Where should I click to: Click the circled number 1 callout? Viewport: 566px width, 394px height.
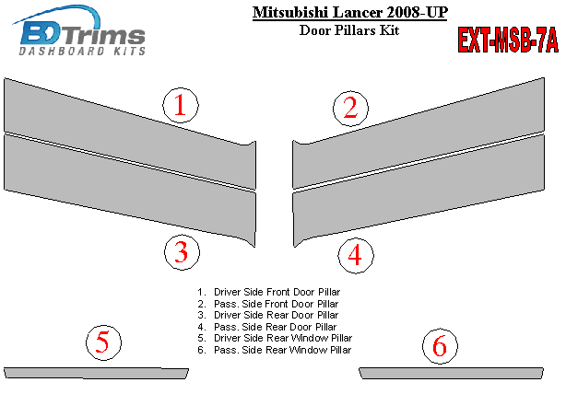[x=181, y=105]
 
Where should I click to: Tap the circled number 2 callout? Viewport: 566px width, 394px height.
[x=350, y=108]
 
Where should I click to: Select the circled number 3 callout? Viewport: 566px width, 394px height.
[x=182, y=252]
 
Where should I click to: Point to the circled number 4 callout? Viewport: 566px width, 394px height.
[x=356, y=256]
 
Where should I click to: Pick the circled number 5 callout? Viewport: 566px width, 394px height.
[x=103, y=342]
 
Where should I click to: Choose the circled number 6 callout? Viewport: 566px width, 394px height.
[x=440, y=346]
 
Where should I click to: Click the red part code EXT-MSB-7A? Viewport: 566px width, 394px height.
[x=508, y=40]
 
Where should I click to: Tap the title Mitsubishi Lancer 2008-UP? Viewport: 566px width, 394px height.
[x=350, y=13]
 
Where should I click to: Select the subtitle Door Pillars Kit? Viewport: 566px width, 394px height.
[x=349, y=30]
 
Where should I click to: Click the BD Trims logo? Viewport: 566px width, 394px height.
[x=79, y=30]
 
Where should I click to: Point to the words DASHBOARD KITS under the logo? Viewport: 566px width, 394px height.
[x=82, y=52]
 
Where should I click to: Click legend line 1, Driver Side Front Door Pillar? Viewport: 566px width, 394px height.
[x=269, y=292]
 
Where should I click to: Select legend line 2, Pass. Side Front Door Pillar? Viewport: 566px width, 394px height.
[x=268, y=304]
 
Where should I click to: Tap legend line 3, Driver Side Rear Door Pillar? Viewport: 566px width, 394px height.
[x=268, y=315]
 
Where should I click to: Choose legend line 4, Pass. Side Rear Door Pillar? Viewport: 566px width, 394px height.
[x=267, y=327]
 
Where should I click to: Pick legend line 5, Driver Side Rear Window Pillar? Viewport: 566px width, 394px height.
[x=275, y=338]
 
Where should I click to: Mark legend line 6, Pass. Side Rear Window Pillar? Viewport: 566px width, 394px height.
[x=275, y=350]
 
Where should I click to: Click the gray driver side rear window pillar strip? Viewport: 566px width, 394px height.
[x=96, y=373]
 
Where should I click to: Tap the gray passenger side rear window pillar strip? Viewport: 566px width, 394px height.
[x=451, y=373]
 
